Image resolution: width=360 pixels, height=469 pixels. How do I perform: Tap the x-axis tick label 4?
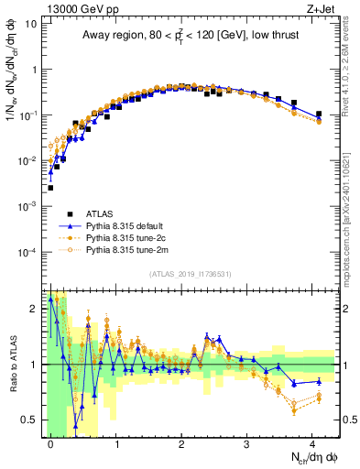point(312,442)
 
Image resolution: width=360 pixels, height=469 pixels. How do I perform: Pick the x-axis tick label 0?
point(50,442)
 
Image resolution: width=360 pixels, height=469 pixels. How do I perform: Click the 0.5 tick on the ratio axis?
point(31,420)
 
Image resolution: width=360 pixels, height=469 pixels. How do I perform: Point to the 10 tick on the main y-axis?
point(33,24)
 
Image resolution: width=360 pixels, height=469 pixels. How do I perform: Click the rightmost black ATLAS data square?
point(319,115)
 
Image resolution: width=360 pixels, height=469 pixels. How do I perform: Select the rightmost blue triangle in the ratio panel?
point(319,381)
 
